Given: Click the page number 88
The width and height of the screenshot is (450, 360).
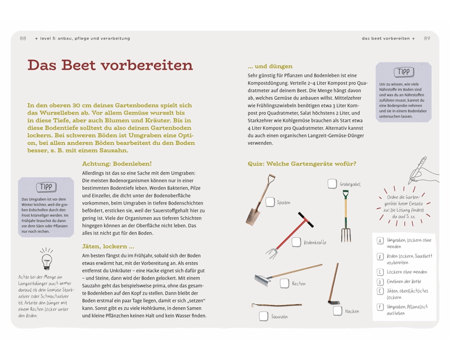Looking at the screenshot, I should [x=23, y=38].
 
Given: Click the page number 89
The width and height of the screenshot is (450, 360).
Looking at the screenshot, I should [x=427, y=38].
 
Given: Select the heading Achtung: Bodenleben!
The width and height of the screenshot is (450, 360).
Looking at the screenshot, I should [x=117, y=163].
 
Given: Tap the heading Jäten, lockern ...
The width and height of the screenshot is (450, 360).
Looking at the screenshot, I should [x=108, y=247].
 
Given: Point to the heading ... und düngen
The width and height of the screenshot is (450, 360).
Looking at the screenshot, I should [x=270, y=66].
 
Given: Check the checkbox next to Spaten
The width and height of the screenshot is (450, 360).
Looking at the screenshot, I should [x=270, y=202].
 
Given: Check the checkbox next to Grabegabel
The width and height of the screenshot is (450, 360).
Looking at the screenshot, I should [x=332, y=184].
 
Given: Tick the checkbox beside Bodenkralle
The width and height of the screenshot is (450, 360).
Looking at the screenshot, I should [x=296, y=242].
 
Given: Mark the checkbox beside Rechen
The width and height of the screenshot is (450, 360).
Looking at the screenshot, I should [x=284, y=283].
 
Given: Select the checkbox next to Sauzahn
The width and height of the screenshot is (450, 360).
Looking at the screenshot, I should [x=263, y=316].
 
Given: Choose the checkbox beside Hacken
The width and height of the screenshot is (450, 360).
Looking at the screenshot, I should [x=337, y=310].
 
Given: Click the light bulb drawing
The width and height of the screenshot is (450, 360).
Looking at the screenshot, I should [x=46, y=259].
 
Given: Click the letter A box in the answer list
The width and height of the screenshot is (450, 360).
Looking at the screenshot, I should [x=380, y=241].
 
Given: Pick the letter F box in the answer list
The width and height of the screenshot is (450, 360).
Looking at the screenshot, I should [x=380, y=307].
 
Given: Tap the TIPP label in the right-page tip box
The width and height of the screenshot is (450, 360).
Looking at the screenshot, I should [x=403, y=72].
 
